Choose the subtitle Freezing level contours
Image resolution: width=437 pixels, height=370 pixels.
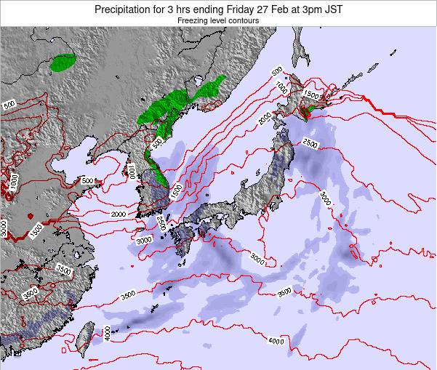tap(217, 21)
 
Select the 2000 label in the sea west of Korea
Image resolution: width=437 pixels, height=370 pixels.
tap(119, 214)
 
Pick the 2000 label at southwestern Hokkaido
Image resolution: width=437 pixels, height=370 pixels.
tap(266, 116)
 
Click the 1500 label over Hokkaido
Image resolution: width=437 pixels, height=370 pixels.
tap(311, 94)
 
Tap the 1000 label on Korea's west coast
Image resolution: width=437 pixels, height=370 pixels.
tap(131, 172)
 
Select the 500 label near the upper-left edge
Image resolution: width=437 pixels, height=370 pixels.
tap(9, 105)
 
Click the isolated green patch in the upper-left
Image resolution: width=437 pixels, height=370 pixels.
tap(63, 63)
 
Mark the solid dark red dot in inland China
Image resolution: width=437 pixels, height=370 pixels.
tap(29, 215)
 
